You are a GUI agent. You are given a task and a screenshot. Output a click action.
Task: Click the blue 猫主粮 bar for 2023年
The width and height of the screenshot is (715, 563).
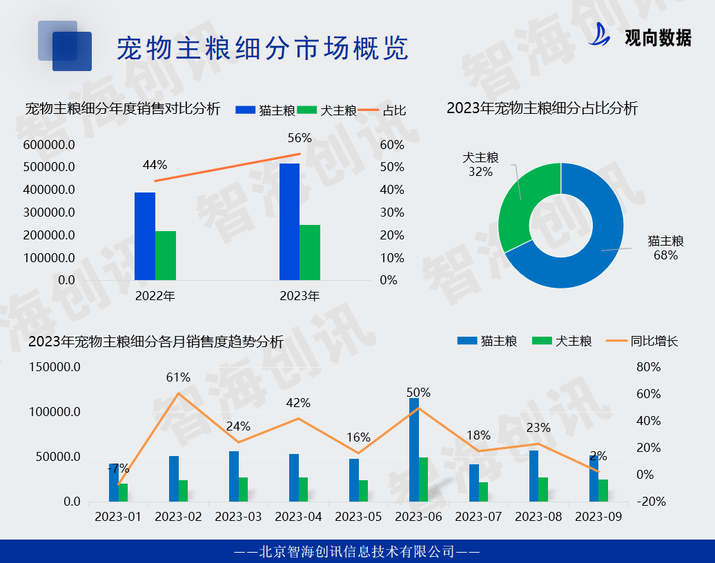[289, 221]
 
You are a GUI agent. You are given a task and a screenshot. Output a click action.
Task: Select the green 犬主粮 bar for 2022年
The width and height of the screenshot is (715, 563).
[166, 255]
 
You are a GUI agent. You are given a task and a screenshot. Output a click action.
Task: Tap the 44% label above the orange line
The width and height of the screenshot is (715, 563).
[155, 165]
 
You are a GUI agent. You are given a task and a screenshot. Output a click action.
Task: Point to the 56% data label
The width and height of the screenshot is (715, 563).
[300, 138]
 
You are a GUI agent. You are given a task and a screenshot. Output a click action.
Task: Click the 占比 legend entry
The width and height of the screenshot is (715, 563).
[394, 110]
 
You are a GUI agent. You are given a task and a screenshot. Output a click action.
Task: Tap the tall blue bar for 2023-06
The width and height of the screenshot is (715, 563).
[413, 449]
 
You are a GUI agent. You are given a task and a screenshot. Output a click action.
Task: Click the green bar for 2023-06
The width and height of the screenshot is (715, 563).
[423, 479]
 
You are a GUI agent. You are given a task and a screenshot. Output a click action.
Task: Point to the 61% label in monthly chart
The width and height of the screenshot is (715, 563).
[178, 377]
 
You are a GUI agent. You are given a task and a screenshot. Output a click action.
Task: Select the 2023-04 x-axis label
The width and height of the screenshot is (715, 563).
[299, 517]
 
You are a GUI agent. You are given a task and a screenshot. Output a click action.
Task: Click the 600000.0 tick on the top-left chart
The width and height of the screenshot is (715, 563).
[49, 145]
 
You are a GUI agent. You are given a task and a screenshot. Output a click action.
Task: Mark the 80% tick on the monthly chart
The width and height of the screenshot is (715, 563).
[648, 367]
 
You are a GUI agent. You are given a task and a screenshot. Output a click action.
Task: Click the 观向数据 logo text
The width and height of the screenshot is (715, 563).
[657, 38]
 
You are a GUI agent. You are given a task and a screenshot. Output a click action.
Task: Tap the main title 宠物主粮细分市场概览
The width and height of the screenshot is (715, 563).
[263, 48]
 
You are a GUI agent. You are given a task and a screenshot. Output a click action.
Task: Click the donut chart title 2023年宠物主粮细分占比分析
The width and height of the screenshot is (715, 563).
[542, 108]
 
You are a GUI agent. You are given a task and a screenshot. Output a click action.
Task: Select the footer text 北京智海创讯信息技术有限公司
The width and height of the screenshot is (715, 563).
[357, 551]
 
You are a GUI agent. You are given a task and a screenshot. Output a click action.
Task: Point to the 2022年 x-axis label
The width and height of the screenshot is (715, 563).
[155, 297]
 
